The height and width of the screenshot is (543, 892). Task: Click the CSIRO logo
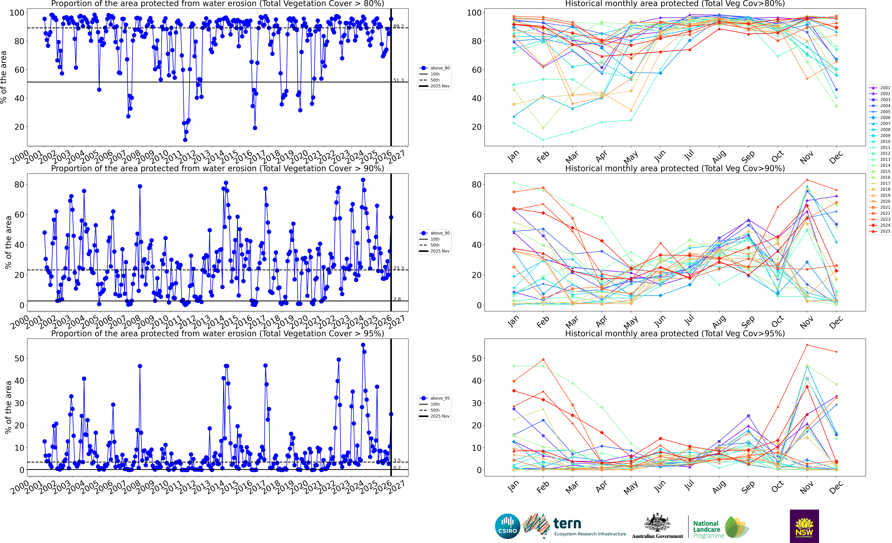click(508, 526)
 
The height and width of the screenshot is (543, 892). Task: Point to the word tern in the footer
click(567, 523)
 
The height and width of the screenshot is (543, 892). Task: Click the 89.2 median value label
click(399, 26)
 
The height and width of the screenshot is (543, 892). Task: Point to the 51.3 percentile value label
click(399, 80)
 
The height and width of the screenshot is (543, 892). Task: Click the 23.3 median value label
click(399, 268)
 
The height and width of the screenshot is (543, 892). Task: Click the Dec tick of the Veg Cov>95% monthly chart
click(836, 487)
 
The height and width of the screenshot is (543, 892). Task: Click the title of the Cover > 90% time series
click(218, 168)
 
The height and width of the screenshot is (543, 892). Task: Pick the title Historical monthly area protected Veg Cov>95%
click(675, 333)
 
